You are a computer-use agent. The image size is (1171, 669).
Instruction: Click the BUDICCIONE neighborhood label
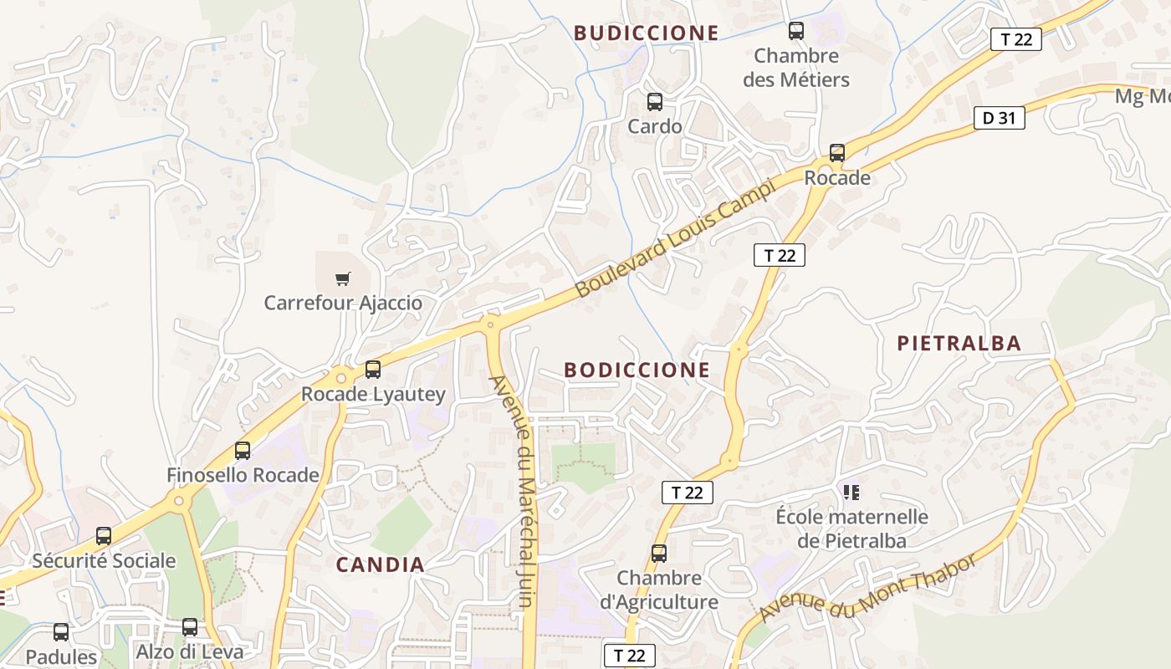tap(646, 33)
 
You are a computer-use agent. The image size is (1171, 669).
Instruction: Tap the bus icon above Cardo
tap(655, 102)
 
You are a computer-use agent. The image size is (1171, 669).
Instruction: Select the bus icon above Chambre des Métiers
tap(796, 31)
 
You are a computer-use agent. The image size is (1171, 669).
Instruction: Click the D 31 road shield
tap(999, 118)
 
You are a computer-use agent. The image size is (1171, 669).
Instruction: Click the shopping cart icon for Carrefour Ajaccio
tap(342, 278)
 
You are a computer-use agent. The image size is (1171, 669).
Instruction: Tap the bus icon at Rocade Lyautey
tap(373, 369)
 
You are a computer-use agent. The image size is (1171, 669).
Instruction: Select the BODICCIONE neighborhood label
tap(637, 370)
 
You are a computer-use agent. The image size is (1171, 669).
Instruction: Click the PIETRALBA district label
tap(959, 343)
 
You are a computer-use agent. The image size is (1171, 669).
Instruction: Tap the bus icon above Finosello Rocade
tap(243, 451)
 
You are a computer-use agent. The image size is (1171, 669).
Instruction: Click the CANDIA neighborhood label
tap(381, 564)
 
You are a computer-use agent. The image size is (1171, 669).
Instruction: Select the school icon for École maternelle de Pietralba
tap(851, 492)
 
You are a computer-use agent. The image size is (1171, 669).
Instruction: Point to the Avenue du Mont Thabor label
tap(867, 589)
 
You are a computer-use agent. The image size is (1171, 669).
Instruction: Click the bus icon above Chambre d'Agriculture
tap(659, 553)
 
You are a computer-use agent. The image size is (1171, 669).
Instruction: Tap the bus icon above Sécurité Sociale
tap(104, 536)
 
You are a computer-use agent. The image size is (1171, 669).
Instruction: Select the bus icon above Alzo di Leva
tap(190, 627)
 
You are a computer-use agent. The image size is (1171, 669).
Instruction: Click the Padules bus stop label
tap(61, 656)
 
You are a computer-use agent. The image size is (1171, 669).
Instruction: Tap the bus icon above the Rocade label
tap(837, 153)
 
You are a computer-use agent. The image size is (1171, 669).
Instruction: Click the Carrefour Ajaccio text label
tap(343, 303)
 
